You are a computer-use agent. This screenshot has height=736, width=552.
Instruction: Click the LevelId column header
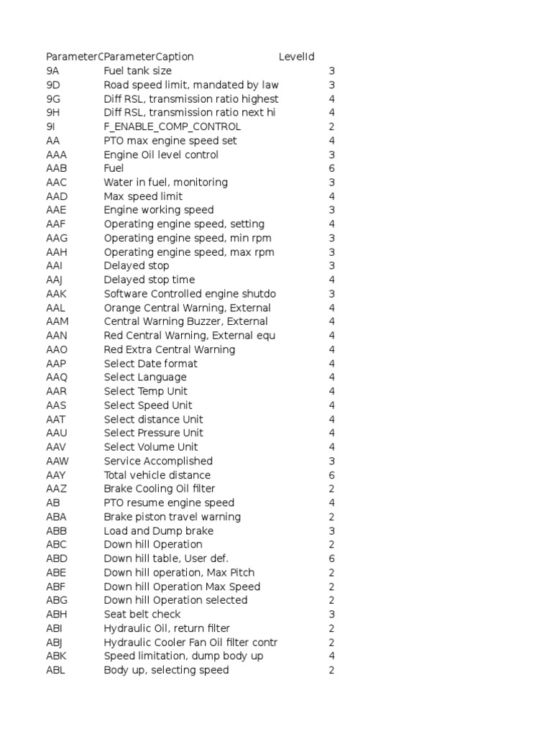click(x=296, y=57)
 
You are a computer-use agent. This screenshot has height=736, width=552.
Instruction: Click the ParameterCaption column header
click(x=149, y=57)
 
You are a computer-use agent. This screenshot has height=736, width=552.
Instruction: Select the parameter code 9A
click(x=52, y=71)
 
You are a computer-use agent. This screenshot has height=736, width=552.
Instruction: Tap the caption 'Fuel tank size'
click(x=137, y=71)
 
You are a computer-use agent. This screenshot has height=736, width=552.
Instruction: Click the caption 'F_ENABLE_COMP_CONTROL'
click(x=172, y=126)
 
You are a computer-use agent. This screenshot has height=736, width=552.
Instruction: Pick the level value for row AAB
click(x=331, y=168)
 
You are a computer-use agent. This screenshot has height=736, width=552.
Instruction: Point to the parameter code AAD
click(x=57, y=196)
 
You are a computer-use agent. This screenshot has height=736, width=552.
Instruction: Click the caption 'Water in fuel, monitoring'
click(x=165, y=183)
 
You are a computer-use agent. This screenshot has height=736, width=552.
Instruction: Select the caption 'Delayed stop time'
click(x=149, y=280)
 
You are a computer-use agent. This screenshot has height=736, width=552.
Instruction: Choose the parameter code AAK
click(x=57, y=294)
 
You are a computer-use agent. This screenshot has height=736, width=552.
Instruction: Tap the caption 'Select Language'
click(x=144, y=377)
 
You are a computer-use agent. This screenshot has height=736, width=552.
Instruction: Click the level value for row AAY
click(x=331, y=475)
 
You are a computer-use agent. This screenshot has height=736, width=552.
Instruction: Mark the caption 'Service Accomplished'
click(x=158, y=461)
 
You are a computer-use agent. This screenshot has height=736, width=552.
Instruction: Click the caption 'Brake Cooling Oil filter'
click(x=159, y=489)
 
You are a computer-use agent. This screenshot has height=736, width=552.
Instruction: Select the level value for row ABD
click(x=331, y=558)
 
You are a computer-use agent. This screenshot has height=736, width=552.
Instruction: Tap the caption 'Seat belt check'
click(x=142, y=614)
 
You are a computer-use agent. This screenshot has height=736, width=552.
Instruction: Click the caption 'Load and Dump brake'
click(x=158, y=530)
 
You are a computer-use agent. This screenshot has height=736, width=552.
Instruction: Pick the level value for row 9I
click(x=331, y=126)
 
